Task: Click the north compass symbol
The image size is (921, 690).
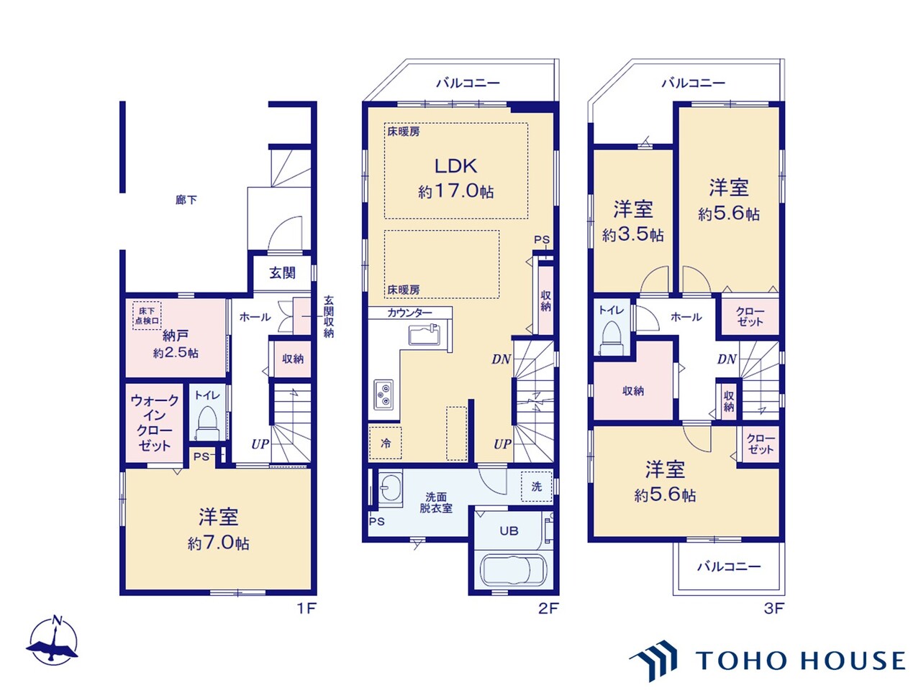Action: pos(53,640)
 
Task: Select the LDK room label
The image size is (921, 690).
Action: pos(455,166)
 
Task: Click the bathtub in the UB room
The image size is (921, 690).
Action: pos(513,570)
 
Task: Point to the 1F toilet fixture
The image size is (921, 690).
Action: pos(207,423)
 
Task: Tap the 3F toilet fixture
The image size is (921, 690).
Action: pos(612,338)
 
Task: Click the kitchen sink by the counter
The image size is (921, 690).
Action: pos(425,335)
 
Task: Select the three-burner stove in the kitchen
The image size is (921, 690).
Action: pos(384,395)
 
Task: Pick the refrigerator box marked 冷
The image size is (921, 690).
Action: pos(385,443)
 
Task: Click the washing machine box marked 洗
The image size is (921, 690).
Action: pos(537,487)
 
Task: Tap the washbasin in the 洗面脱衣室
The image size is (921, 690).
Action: pos(390,488)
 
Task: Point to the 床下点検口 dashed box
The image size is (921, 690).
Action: pos(147,316)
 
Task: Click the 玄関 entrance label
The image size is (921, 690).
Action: pos(282,273)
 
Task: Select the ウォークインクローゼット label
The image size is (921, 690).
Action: pos(155,423)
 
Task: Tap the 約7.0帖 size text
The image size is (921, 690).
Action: pos(219,544)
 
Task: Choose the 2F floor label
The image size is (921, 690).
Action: pos(548,608)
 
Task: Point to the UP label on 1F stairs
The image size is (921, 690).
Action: pos(260,444)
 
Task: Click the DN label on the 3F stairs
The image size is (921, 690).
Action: pos(727,359)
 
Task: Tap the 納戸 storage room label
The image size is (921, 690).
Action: pos(176,336)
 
